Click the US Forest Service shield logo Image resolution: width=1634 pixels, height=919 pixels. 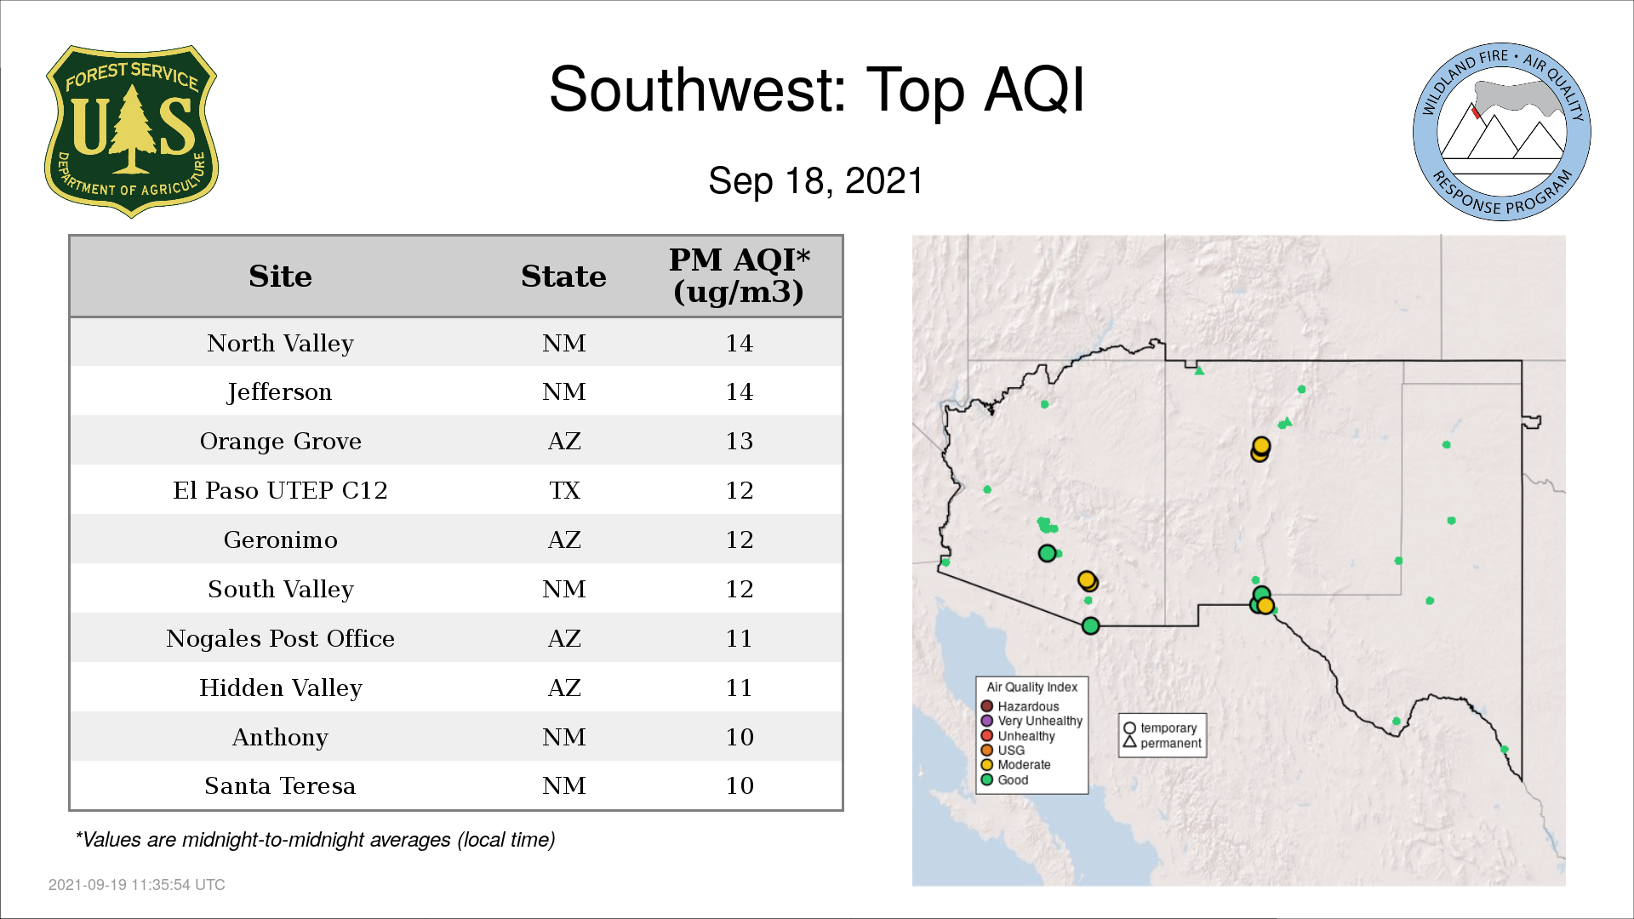(x=131, y=131)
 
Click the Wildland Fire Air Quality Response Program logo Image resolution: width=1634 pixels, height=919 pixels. (x=1502, y=132)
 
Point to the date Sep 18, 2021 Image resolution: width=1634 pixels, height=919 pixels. (x=815, y=181)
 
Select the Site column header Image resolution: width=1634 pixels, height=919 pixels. (x=280, y=277)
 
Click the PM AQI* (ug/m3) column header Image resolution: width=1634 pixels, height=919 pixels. (x=739, y=276)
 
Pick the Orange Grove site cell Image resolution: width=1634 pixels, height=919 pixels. (x=280, y=441)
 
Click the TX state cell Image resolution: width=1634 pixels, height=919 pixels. (x=564, y=490)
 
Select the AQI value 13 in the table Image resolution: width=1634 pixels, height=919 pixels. (x=739, y=441)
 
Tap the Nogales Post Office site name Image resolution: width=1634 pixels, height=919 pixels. (x=280, y=638)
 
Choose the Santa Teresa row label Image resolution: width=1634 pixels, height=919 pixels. (x=280, y=785)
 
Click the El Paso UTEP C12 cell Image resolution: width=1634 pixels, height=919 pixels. (x=280, y=490)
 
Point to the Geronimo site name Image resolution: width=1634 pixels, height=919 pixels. (x=280, y=539)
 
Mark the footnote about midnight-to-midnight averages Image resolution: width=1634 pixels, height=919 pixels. (x=315, y=840)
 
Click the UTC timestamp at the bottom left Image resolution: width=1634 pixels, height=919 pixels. (x=137, y=885)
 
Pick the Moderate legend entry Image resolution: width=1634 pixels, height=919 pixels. (x=1015, y=764)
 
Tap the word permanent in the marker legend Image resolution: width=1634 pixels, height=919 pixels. (x=1171, y=743)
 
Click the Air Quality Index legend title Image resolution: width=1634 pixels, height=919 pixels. (x=1031, y=687)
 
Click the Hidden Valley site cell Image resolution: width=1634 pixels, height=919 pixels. (x=280, y=688)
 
